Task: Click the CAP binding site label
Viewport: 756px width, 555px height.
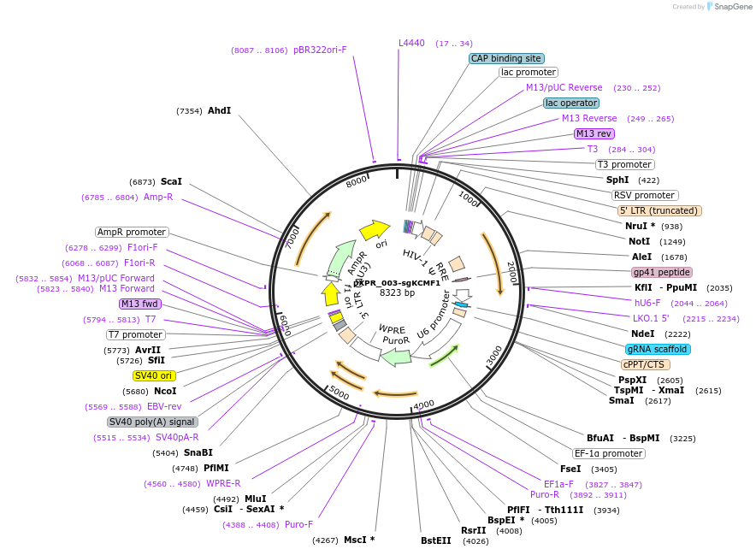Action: pos(506,58)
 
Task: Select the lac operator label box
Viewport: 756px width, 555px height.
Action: pos(571,103)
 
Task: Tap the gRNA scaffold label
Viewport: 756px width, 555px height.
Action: pos(657,349)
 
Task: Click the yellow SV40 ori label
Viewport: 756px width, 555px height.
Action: pos(154,375)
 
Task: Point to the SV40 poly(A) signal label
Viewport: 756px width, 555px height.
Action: pos(152,422)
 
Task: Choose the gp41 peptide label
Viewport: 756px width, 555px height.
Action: pos(661,272)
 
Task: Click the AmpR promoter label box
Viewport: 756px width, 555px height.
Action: pos(132,232)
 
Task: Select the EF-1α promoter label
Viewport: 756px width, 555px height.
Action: pos(608,453)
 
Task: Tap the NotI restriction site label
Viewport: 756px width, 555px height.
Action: pos(639,242)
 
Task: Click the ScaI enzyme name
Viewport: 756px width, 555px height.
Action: pos(171,182)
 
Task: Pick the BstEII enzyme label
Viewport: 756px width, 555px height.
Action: pos(435,540)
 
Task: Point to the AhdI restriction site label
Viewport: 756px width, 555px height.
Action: pos(219,110)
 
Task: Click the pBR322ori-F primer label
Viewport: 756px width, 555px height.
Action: pos(320,50)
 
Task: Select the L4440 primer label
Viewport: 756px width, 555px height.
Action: pos(411,43)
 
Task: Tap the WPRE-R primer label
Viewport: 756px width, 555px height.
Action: pos(223,483)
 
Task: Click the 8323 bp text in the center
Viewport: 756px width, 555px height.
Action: pos(397,292)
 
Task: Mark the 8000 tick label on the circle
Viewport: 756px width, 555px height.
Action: pos(357,180)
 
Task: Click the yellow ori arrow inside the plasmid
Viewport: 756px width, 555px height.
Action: pos(374,229)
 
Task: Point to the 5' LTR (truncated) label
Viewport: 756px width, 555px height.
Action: pos(659,210)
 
